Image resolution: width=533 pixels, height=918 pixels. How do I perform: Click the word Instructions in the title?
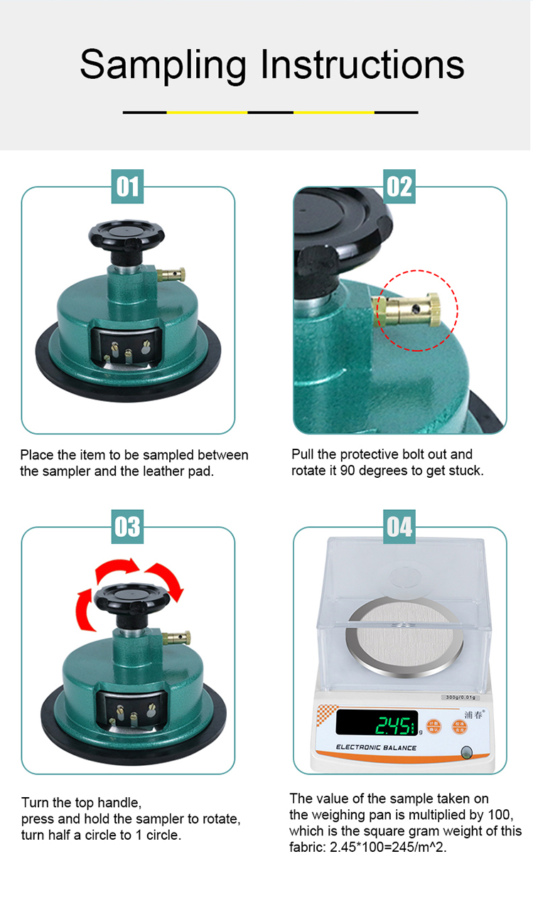[362, 65]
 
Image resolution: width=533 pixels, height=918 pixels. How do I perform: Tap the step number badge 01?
[128, 187]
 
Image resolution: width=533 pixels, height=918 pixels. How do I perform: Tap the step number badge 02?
[399, 187]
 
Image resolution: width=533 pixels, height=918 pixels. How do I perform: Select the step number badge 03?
[128, 527]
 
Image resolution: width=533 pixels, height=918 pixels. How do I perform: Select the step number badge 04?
[399, 527]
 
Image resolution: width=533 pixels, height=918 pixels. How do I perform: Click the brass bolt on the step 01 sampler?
[173, 273]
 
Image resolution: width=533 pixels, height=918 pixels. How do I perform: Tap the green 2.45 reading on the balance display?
[393, 725]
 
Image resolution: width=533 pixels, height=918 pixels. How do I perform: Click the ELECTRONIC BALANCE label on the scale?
[376, 748]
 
